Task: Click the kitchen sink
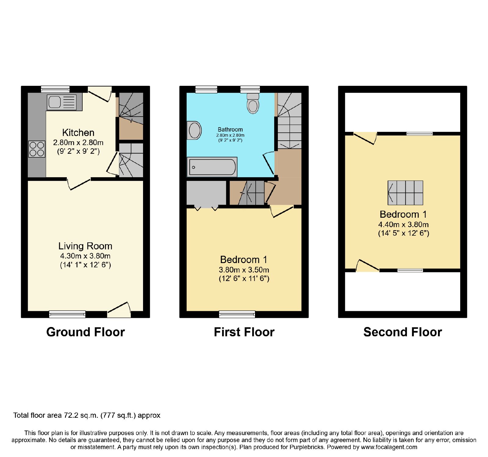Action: [64, 102]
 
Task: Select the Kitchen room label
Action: [78, 132]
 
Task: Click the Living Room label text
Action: [85, 246]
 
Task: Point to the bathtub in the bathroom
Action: [212, 167]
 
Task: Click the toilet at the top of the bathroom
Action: [253, 104]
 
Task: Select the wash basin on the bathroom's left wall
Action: [194, 130]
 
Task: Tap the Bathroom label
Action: [230, 129]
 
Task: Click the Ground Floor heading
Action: [86, 332]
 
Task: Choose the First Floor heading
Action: [244, 332]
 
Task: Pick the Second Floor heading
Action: [403, 332]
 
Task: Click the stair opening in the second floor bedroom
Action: [405, 193]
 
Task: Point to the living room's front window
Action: [67, 314]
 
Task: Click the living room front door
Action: [119, 310]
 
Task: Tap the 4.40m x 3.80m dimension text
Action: [404, 224]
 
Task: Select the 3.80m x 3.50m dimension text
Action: [244, 270]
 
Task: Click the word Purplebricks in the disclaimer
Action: [306, 447]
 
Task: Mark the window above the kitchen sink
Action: [55, 89]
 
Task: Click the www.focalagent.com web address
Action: [389, 447]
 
